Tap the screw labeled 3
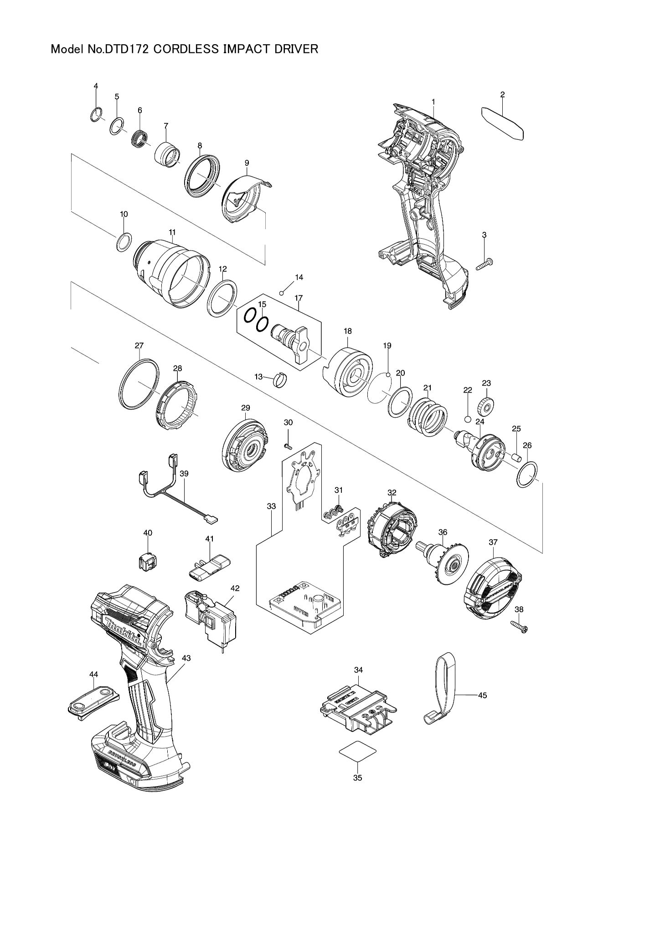[x=485, y=264]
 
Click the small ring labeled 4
[x=95, y=115]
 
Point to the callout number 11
[x=172, y=232]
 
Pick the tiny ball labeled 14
[x=282, y=293]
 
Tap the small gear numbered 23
[x=485, y=405]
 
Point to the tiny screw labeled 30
[x=287, y=445]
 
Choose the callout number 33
[x=271, y=506]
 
